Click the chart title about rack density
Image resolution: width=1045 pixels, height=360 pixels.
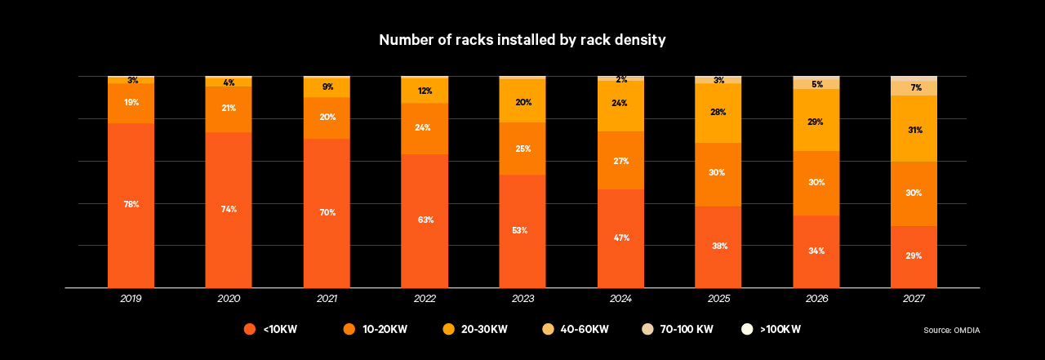pos(522,40)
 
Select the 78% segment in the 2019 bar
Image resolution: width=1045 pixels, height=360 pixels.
pos(131,204)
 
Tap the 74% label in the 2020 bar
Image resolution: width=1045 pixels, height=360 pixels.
pos(229,209)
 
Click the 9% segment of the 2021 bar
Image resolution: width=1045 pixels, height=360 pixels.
pos(327,87)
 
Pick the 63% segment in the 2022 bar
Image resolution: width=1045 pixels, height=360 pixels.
pos(425,220)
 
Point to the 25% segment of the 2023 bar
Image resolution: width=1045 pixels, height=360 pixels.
pos(522,149)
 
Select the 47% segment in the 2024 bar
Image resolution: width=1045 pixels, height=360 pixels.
pos(620,238)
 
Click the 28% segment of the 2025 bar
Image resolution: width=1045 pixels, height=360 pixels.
pos(718,113)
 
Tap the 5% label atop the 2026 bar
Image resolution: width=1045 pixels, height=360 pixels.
pos(816,84)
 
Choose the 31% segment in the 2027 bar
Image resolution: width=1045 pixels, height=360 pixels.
pos(914,129)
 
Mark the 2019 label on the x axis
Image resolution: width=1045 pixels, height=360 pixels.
pos(131,300)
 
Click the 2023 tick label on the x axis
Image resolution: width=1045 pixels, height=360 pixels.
pos(522,300)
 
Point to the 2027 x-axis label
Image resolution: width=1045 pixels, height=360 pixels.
pos(914,300)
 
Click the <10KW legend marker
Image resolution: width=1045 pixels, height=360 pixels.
pos(250,329)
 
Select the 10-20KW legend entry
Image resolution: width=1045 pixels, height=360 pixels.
pos(376,329)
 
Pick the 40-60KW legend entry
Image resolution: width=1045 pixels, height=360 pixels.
pos(576,329)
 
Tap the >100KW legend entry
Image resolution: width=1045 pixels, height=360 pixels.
pos(771,329)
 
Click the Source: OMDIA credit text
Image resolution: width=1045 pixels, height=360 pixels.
pos(952,330)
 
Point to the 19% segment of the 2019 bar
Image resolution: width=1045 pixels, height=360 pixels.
pos(131,103)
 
